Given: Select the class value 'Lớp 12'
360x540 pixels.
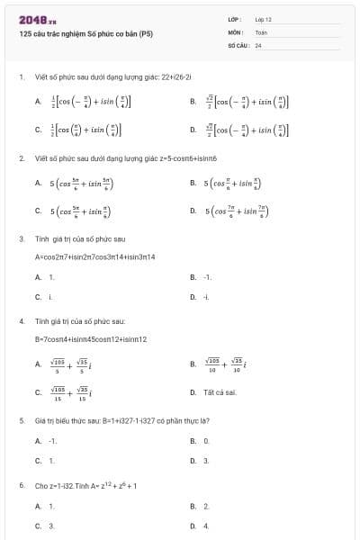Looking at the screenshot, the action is click(x=263, y=19).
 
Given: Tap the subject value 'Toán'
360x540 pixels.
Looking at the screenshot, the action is click(x=261, y=31).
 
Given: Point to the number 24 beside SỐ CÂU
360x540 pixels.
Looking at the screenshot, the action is click(x=258, y=44).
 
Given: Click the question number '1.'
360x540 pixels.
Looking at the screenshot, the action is click(x=21, y=77).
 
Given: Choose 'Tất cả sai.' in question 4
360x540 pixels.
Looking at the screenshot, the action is click(x=220, y=392).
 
